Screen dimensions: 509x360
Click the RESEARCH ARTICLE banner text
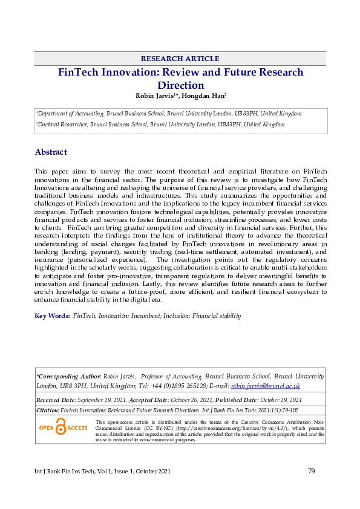pos(180,59)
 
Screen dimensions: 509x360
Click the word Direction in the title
pos(181,85)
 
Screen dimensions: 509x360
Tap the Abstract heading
pos(51,152)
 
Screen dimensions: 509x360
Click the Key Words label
pos(52,316)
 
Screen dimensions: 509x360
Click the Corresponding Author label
pos(68,376)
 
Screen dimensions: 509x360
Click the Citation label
pos(48,410)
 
